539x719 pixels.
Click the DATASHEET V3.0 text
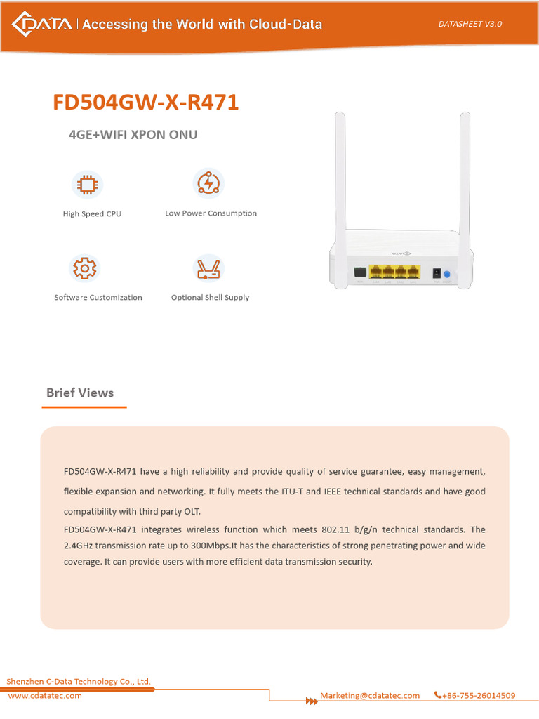[x=470, y=24]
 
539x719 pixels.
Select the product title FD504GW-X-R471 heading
[x=146, y=103]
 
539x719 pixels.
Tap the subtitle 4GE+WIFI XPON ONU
[x=133, y=135]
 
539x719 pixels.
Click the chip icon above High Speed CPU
[x=87, y=185]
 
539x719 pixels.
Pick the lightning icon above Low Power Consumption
[x=208, y=183]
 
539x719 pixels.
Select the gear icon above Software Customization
[x=85, y=268]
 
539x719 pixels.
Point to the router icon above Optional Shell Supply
[x=208, y=268]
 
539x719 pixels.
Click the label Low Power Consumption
[x=211, y=213]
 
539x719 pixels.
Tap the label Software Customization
[x=98, y=298]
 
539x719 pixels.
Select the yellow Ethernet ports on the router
[x=394, y=272]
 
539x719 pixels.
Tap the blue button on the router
[x=447, y=273]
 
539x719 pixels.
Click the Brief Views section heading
[x=80, y=393]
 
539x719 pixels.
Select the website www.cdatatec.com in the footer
[x=45, y=696]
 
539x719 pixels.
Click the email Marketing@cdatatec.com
[x=370, y=696]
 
